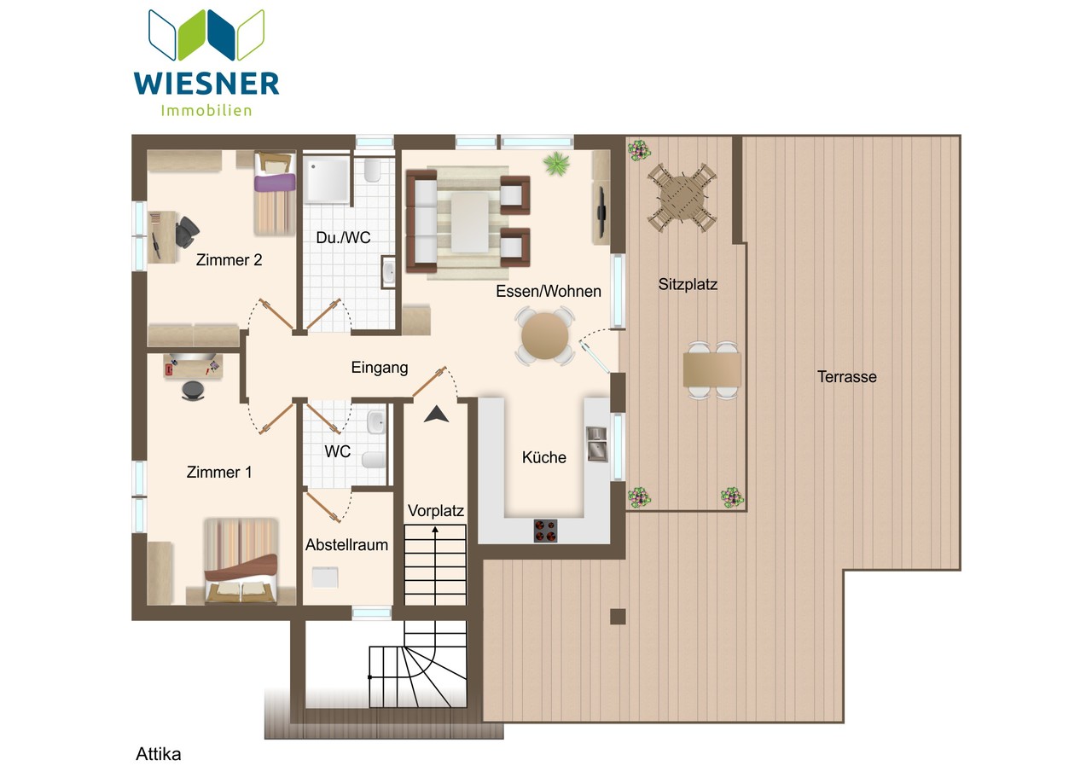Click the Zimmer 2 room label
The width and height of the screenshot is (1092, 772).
click(229, 260)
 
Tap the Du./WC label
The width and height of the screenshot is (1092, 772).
click(343, 238)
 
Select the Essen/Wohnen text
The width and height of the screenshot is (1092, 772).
click(548, 292)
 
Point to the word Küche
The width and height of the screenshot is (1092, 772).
click(544, 457)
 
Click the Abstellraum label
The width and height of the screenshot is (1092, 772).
click(346, 545)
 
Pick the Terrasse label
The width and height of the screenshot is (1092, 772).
click(847, 377)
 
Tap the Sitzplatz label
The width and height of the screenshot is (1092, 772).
click(688, 284)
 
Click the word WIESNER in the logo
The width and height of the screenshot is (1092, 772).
click(206, 84)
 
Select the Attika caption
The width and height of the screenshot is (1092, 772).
click(158, 754)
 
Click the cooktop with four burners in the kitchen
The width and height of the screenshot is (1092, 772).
click(545, 531)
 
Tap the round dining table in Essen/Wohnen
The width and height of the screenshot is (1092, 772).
click(544, 336)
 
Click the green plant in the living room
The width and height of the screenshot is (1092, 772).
click(557, 163)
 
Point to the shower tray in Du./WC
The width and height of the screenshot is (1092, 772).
click(327, 179)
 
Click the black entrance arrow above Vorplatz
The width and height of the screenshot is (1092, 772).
click(436, 414)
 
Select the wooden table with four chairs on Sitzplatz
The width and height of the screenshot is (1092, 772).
click(682, 197)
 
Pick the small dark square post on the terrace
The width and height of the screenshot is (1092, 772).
click(618, 617)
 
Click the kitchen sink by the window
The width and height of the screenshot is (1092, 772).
click(596, 444)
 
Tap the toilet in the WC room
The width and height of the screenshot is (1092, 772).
click(374, 460)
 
